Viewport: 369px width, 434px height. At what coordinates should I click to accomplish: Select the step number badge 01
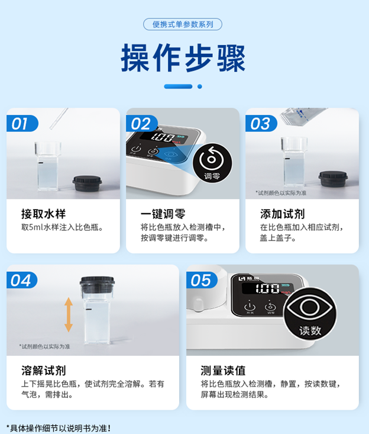click(x=21, y=124)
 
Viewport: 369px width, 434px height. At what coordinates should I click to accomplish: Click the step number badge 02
click(x=140, y=124)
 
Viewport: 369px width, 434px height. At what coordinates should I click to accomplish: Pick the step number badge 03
click(x=260, y=124)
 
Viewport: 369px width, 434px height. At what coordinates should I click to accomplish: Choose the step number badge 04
click(x=21, y=280)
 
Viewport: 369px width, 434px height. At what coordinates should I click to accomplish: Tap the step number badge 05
click(x=200, y=280)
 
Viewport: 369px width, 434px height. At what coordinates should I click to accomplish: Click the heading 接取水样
click(x=43, y=214)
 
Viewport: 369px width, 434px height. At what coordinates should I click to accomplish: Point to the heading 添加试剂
click(x=282, y=214)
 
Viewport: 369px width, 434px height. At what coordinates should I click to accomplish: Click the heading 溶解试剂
click(x=43, y=371)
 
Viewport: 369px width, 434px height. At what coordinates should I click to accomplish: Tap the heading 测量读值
click(x=223, y=371)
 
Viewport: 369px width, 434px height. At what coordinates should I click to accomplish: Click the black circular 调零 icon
click(x=211, y=163)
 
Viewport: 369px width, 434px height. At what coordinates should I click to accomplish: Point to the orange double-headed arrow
click(x=69, y=314)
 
